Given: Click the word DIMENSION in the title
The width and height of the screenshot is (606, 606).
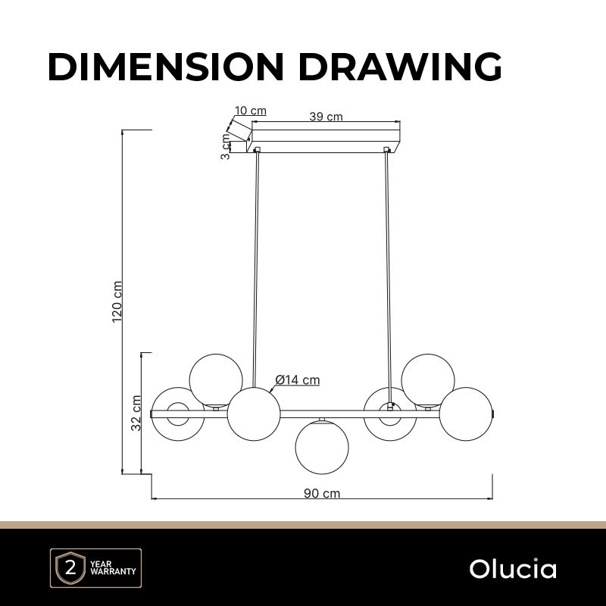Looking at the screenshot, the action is [x=166, y=67].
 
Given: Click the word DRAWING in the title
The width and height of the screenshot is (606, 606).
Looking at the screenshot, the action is [x=401, y=67].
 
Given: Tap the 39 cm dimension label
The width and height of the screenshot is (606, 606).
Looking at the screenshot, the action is [x=326, y=117].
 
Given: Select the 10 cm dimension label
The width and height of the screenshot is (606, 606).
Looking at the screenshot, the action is [x=251, y=111].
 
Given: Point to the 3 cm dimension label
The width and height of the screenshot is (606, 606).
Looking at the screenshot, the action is [x=225, y=147].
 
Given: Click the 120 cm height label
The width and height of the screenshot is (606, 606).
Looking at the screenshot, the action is [x=117, y=301].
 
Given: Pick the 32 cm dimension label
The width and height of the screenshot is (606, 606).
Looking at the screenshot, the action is [x=136, y=413].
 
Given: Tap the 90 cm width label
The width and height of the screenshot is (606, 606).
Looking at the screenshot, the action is [x=322, y=493].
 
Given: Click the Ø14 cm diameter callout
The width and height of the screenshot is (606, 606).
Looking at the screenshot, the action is [x=298, y=380].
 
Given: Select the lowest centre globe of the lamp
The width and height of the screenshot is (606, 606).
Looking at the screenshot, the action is [x=322, y=448].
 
